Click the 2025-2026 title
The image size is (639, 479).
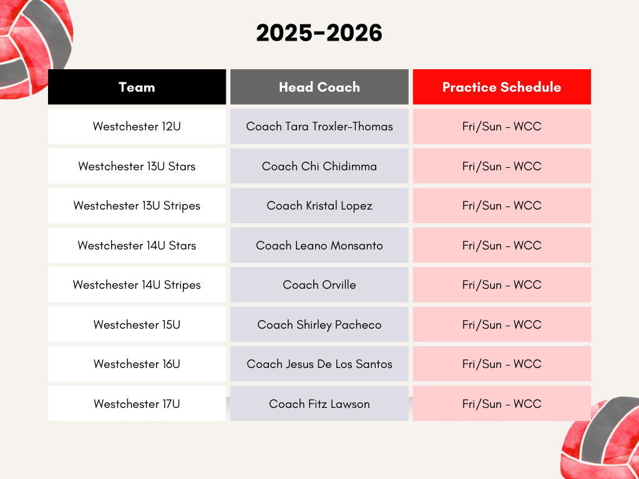click(x=319, y=34)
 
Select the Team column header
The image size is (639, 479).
click(x=137, y=87)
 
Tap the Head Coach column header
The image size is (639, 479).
click(x=319, y=87)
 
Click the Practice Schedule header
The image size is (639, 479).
click(x=502, y=87)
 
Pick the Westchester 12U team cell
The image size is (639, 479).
click(x=137, y=126)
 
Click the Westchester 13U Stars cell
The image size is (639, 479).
click(x=137, y=166)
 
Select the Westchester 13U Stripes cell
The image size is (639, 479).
click(x=137, y=205)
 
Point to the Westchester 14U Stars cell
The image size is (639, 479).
click(x=137, y=245)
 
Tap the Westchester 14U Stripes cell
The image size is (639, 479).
click(x=137, y=284)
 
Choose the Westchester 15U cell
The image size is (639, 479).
click(x=137, y=324)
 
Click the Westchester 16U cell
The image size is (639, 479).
click(x=137, y=364)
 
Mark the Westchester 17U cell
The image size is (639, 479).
click(x=137, y=404)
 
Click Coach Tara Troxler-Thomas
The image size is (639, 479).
click(x=319, y=126)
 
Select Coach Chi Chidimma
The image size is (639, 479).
click(x=319, y=166)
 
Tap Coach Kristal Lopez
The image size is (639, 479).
click(x=319, y=205)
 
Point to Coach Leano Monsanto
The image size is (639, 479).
click(x=319, y=245)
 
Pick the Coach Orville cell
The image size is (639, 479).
click(x=319, y=284)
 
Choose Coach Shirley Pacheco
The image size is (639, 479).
click(x=319, y=324)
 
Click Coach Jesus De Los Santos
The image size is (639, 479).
click(x=319, y=364)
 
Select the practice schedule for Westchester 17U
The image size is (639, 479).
click(x=502, y=404)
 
